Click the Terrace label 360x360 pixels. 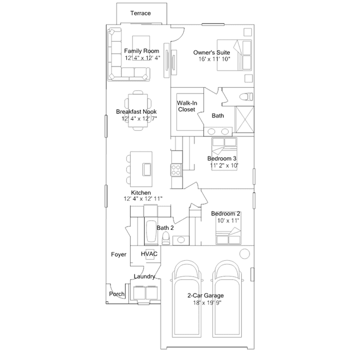[140, 13]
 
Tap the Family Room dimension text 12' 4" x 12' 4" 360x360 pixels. [143, 58]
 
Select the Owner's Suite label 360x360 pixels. [212, 52]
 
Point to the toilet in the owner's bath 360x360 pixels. [246, 97]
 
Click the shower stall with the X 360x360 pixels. [245, 119]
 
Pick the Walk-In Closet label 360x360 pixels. [187, 106]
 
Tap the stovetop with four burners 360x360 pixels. [176, 170]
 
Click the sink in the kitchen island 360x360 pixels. [146, 169]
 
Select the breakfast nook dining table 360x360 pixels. [138, 110]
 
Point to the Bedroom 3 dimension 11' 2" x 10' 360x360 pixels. [224, 165]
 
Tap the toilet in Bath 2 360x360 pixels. [165, 238]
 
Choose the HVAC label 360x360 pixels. [149, 254]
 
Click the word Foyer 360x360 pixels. [119, 255]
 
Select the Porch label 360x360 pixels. [117, 294]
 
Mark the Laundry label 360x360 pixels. [144, 277]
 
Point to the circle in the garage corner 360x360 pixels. [245, 254]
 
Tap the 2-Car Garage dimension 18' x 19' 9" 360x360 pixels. [207, 303]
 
